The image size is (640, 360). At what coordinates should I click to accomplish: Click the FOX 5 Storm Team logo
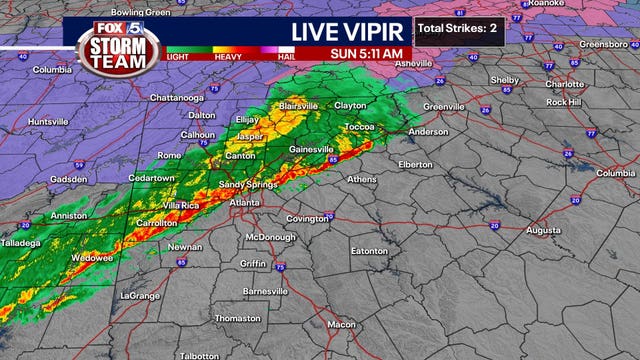[112, 42]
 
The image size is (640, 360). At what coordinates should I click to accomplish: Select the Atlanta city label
[245, 203]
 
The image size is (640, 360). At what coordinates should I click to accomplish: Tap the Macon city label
[342, 324]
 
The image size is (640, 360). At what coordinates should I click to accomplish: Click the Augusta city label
[544, 229]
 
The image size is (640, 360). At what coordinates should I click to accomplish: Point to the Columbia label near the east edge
[616, 173]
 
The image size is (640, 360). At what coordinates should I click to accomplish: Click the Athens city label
[362, 179]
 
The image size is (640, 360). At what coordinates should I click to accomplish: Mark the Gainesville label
[310, 150]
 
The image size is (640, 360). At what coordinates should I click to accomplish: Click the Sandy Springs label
[245, 184]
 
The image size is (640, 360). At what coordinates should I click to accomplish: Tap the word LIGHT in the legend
[180, 56]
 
